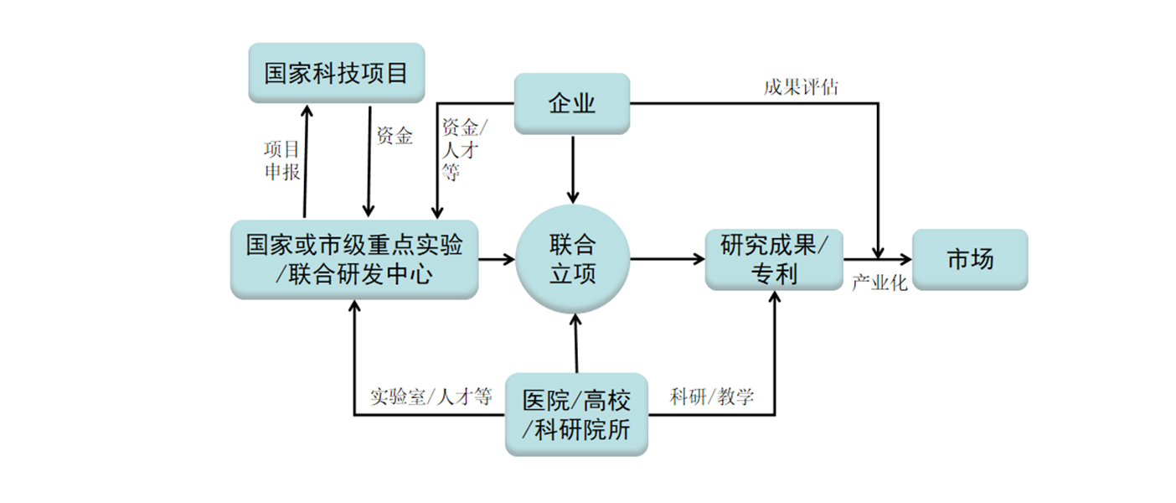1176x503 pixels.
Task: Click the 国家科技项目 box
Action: coord(336,73)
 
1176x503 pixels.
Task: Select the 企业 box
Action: coord(571,103)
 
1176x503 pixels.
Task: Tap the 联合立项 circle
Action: coord(573,259)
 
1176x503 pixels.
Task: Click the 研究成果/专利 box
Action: coord(773,259)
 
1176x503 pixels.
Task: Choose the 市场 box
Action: coord(969,259)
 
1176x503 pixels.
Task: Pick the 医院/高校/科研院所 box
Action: coord(575,414)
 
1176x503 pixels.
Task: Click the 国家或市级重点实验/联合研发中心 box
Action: coord(354,259)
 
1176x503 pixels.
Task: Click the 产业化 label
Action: coord(879,283)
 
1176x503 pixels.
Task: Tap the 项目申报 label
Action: coord(282,160)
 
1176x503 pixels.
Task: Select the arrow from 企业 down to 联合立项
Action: coord(573,168)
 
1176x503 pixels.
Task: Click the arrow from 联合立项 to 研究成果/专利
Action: coord(667,259)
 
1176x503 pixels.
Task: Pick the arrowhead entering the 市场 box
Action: coord(903,259)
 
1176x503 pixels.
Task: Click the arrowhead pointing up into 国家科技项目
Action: coord(306,111)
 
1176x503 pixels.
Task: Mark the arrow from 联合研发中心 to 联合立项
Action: coord(496,259)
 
